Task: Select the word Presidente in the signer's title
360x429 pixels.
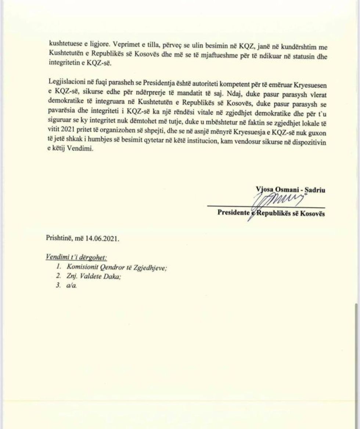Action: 232,213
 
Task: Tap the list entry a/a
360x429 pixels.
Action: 71,286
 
